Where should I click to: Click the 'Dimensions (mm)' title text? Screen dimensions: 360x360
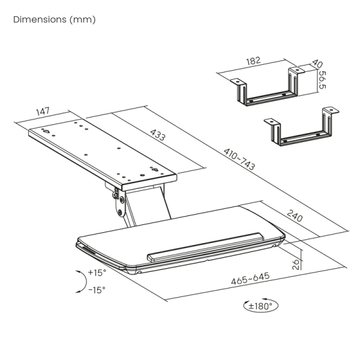click(x=55, y=20)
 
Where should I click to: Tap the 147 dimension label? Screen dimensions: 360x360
click(x=43, y=112)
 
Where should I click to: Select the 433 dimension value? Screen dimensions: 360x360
click(x=158, y=135)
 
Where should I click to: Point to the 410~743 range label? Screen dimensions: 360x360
click(x=239, y=159)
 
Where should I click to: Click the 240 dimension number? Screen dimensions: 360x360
click(x=295, y=216)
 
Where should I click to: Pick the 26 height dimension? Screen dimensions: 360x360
click(x=296, y=264)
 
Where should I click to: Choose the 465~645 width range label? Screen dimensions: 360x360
click(x=250, y=278)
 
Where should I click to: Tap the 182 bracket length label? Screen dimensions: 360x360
click(x=253, y=61)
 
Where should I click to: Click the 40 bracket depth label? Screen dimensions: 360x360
click(x=317, y=64)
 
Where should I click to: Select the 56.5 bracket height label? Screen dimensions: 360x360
click(x=322, y=80)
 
